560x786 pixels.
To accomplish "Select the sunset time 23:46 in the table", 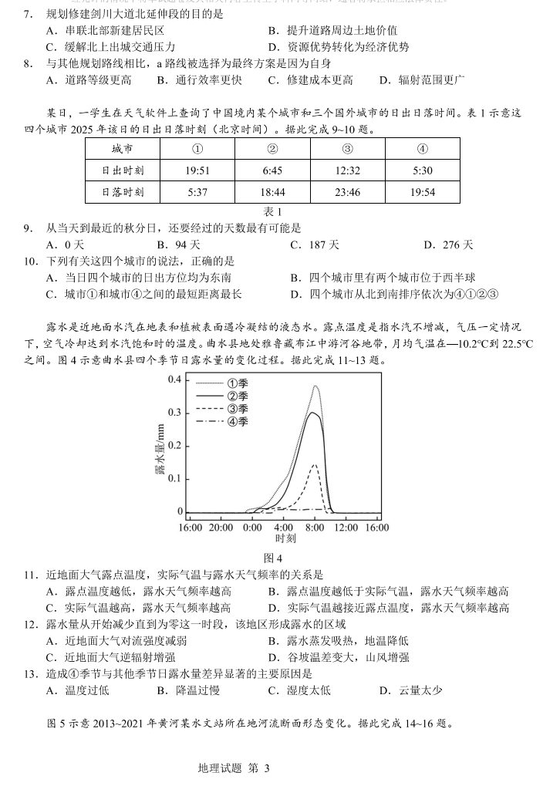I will point(348,192).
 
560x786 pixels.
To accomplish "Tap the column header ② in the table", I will point(272,149).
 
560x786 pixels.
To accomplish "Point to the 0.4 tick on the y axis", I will point(175,380).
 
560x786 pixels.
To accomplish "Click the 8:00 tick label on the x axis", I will point(315,528).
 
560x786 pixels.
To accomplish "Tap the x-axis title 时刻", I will point(284,538).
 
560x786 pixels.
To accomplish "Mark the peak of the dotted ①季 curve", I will point(315,386).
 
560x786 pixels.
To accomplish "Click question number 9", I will point(28,228).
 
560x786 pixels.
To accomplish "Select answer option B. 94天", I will point(180,245).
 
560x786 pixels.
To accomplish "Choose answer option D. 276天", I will point(448,245).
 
